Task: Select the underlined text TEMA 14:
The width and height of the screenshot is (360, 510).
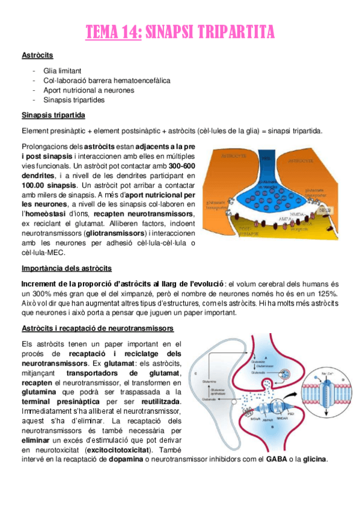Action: [x=113, y=31]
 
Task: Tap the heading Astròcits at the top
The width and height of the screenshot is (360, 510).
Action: [x=37, y=55]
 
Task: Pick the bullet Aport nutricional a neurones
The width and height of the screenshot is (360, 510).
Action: [x=88, y=90]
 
